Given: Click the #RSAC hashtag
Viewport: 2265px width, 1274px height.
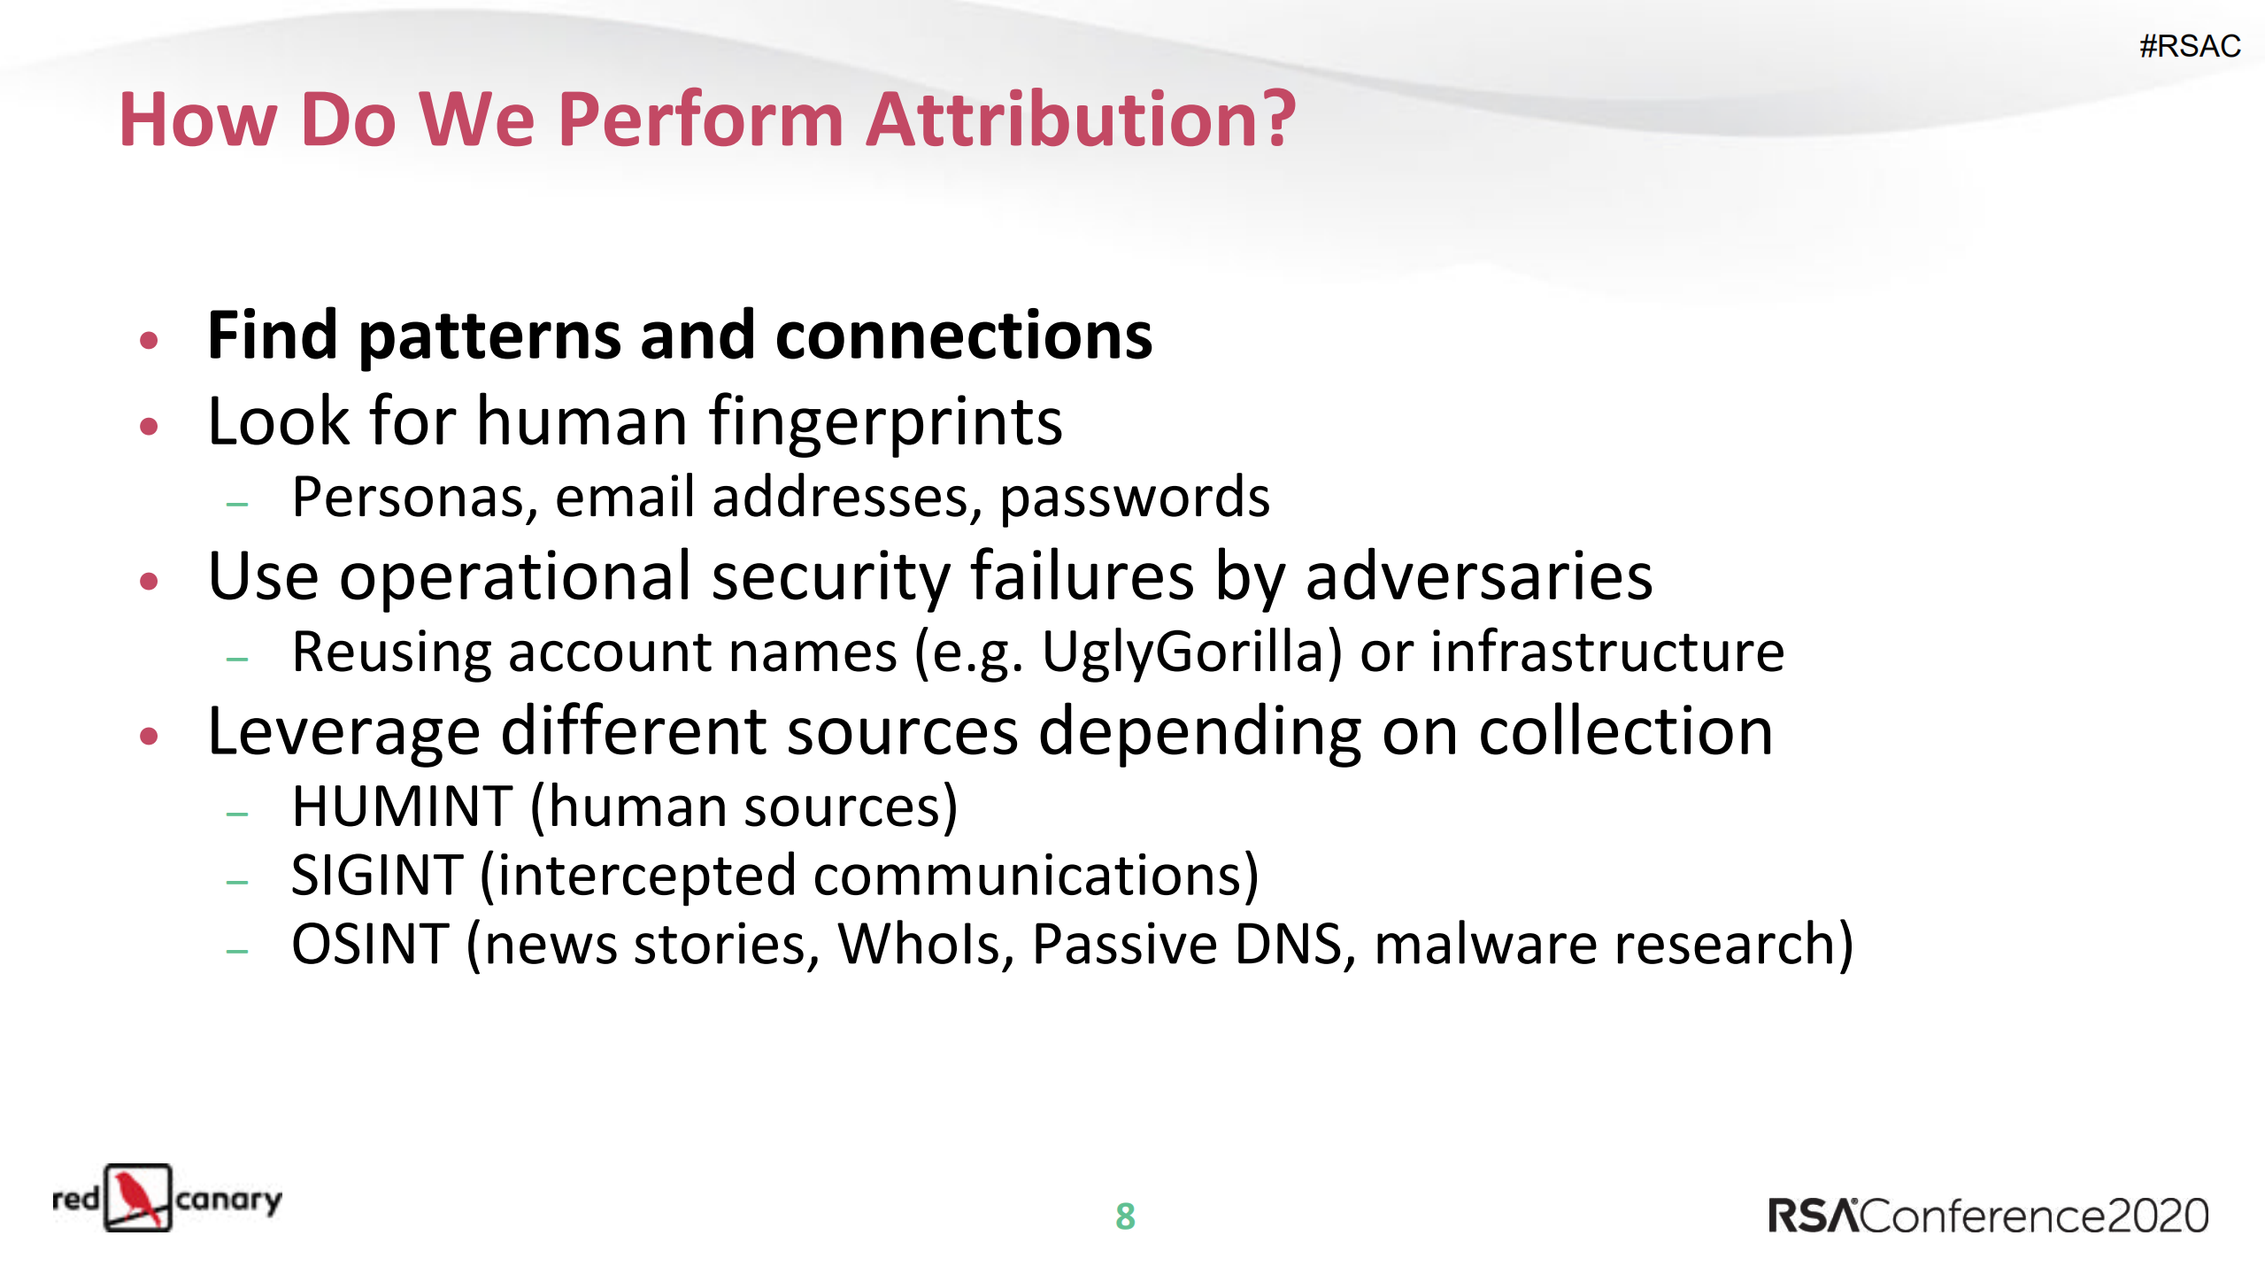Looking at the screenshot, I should [x=2189, y=46].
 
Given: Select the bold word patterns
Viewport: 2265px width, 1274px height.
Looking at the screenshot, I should [x=489, y=337].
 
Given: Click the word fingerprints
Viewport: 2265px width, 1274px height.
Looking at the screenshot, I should [x=885, y=422].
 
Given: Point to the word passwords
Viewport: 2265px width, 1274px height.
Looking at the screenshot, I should [x=1134, y=498].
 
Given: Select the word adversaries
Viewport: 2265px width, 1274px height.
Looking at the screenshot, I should [x=1478, y=577].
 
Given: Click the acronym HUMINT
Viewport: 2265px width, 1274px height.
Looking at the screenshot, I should [x=402, y=807].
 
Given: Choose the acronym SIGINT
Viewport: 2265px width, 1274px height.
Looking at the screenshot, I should [x=377, y=876].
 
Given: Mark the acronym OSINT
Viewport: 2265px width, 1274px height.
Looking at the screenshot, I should [x=370, y=945].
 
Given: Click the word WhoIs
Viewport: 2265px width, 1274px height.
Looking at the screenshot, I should [x=925, y=945].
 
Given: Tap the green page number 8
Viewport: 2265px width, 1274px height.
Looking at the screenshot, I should [x=1125, y=1216].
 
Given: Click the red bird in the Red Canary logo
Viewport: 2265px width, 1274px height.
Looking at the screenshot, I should [x=136, y=1198].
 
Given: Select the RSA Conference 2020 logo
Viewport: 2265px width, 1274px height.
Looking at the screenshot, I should [x=1988, y=1216].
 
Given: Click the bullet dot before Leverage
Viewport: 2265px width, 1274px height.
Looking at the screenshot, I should [x=149, y=736].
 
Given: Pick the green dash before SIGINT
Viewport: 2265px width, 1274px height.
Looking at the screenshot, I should [x=237, y=882].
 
